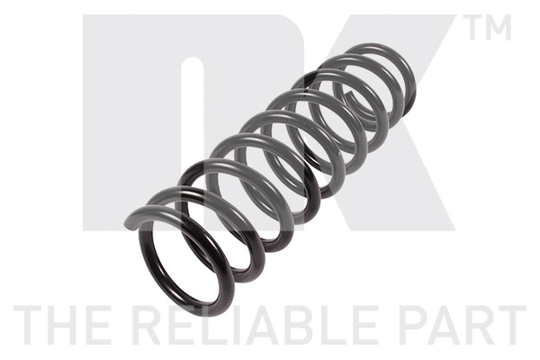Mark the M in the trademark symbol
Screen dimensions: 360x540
pyautogui.click(x=499, y=29)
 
